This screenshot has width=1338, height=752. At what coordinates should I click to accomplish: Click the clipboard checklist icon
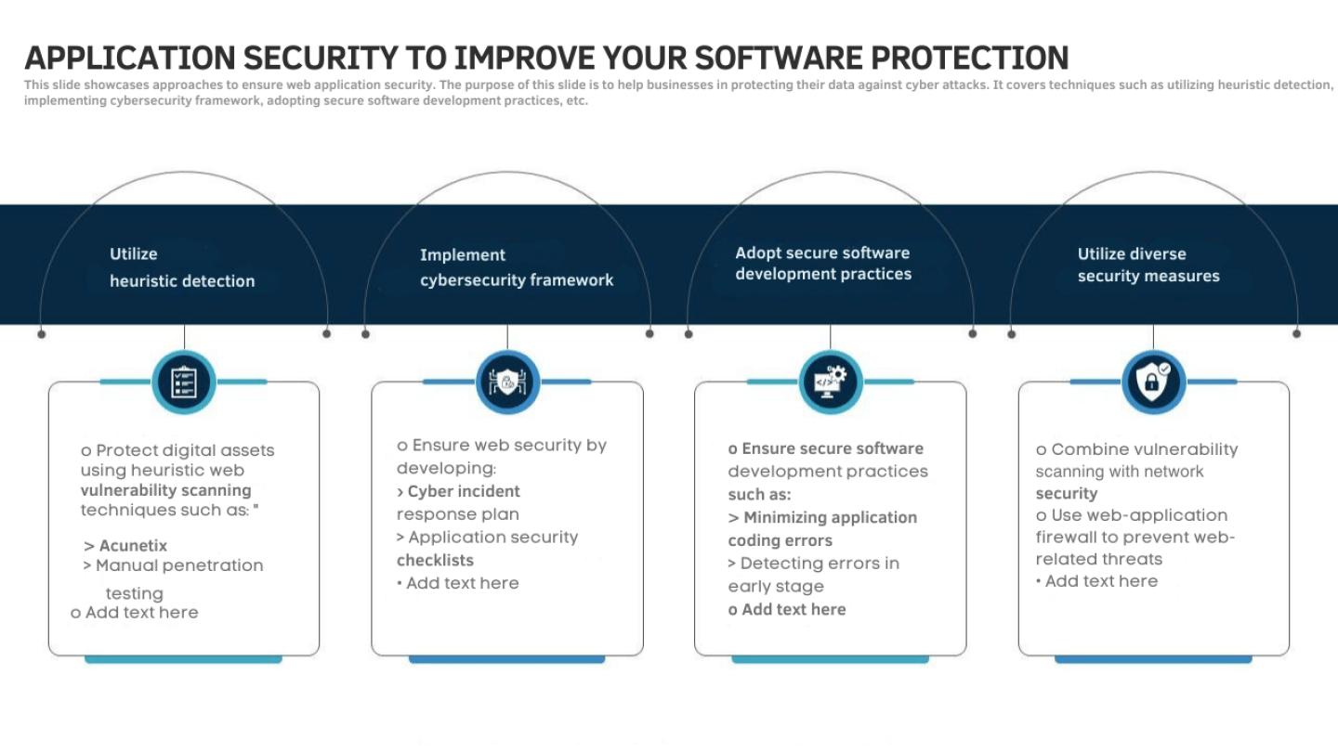point(184,382)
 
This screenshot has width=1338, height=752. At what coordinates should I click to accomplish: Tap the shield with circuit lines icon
point(507,382)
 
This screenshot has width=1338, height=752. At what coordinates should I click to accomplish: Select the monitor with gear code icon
point(831,382)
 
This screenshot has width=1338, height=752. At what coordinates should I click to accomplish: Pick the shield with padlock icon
point(1153,381)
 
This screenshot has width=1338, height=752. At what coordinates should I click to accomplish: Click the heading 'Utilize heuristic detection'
point(182,267)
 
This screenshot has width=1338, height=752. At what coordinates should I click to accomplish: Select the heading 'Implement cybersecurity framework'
point(517,267)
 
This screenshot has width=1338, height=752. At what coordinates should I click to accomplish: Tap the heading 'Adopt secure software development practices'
point(823,264)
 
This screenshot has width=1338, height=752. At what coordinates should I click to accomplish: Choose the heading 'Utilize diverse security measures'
point(1148,265)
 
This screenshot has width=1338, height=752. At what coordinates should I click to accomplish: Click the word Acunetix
point(133,546)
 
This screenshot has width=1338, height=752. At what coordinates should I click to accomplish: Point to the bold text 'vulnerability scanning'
point(166,490)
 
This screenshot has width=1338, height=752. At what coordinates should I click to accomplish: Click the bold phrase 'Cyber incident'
point(464,491)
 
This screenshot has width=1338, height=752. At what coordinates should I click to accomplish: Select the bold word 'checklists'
point(435,561)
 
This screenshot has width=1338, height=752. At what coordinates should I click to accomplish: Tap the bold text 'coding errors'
point(780,540)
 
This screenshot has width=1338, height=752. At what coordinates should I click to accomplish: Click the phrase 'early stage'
point(776,587)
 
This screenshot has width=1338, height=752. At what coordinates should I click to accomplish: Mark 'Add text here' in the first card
point(141,613)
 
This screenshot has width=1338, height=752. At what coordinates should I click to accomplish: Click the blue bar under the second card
point(507,659)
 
